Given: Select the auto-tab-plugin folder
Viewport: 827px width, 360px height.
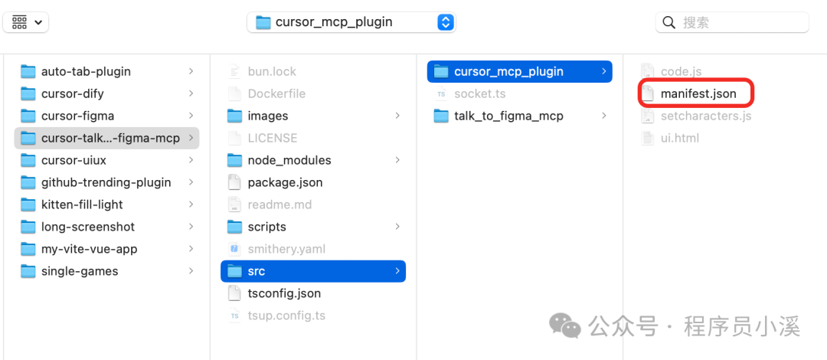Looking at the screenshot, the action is point(86,71).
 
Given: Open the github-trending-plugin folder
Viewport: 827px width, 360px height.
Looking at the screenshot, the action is point(106,182).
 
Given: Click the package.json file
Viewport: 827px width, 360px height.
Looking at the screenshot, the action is point(285,182).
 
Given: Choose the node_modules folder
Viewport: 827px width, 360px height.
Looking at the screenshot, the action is point(289,160).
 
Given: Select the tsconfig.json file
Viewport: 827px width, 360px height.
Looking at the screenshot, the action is point(284,293).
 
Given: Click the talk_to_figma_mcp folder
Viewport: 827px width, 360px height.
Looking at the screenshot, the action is point(508,116).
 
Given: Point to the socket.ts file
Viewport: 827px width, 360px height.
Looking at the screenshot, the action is point(479,93).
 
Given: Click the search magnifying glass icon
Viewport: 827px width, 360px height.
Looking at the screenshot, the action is point(669,22).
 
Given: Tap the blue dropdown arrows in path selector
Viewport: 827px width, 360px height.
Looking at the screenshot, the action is point(445,22).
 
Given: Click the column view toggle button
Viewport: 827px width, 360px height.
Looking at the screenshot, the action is point(26,22).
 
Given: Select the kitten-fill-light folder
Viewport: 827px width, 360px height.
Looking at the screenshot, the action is point(82,205).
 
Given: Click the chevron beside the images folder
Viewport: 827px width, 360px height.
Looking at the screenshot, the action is point(397,116).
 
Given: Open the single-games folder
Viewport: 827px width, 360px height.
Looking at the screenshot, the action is point(80,271).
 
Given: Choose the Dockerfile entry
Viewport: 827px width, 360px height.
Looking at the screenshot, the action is point(276,93).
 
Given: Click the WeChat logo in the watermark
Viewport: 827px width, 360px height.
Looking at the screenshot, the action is point(567,326).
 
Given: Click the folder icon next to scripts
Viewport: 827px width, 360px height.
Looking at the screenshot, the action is point(235,227).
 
